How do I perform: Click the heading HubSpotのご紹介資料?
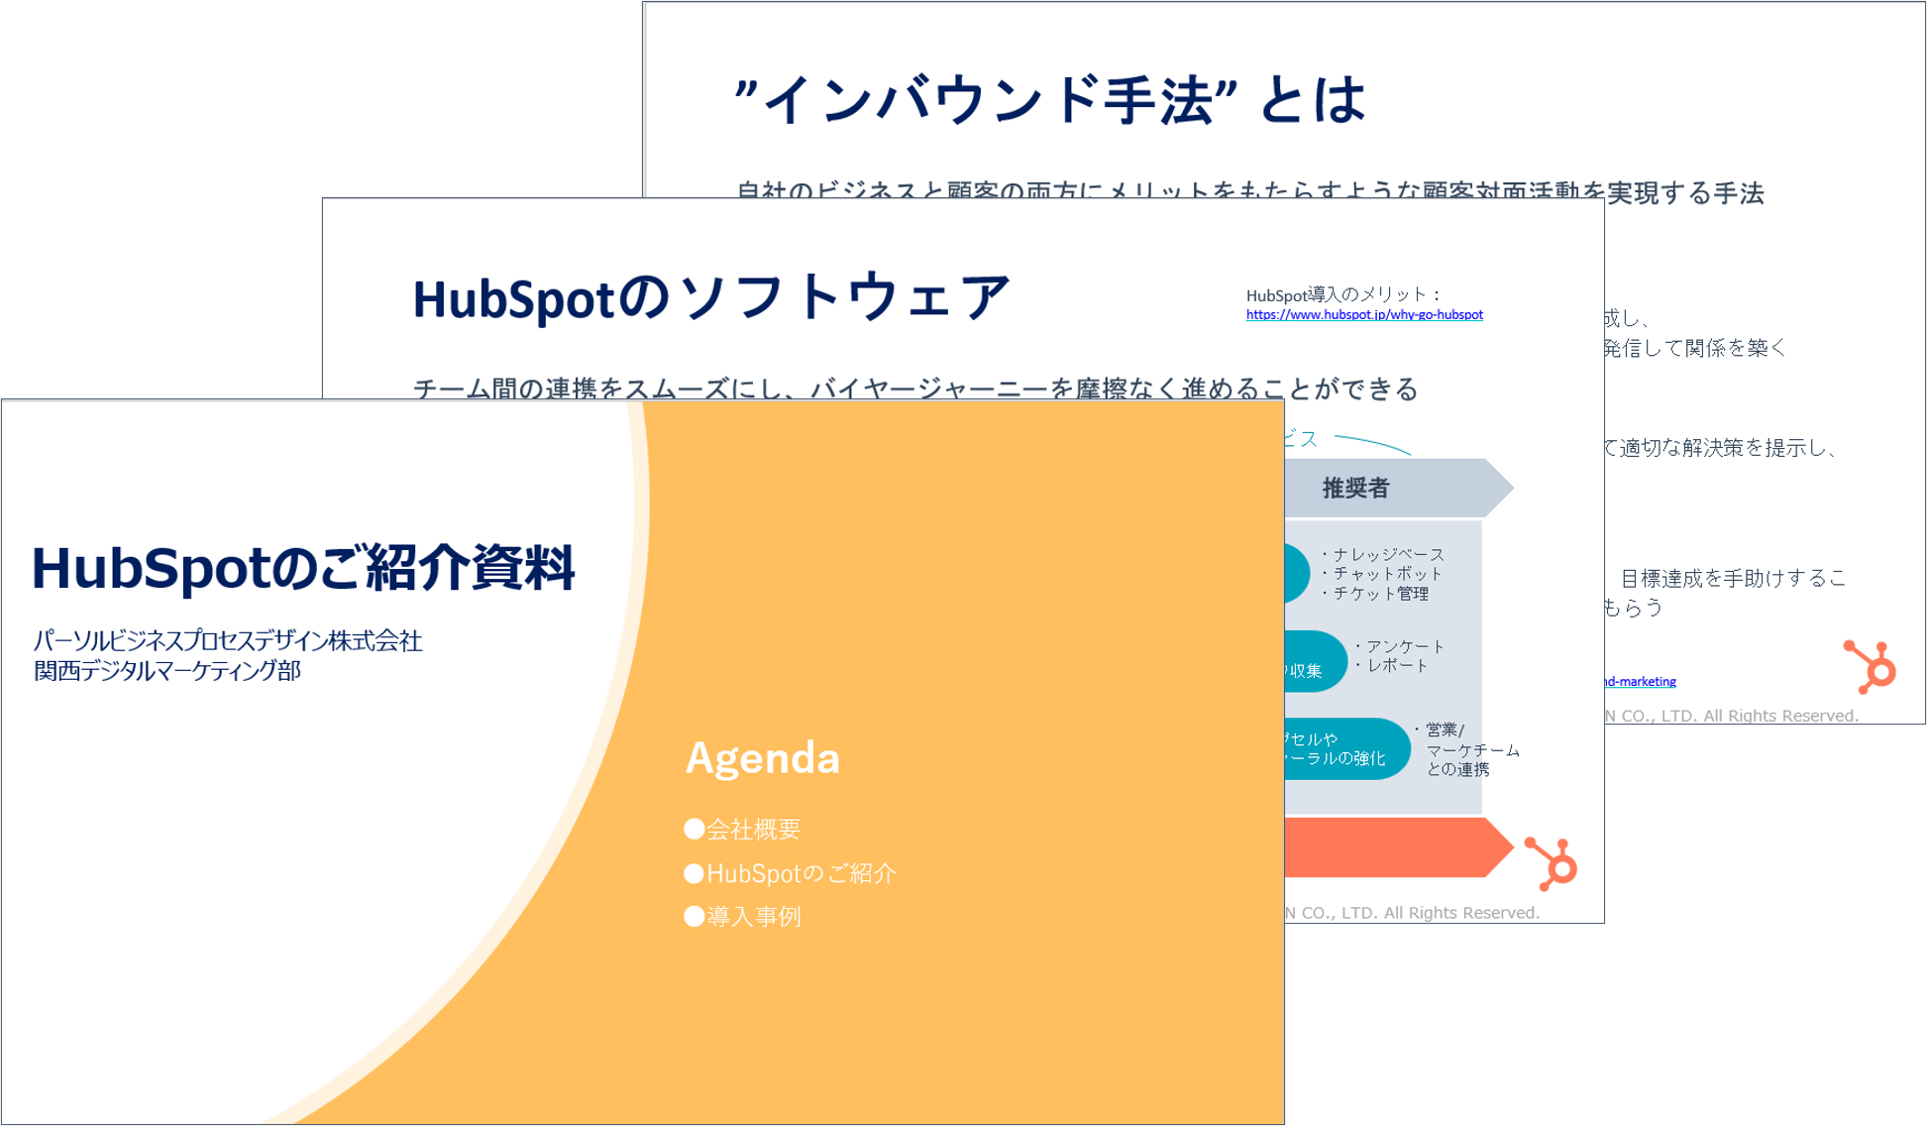302,568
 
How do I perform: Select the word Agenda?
762,758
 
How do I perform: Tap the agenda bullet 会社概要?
743,830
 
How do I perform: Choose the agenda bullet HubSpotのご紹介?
791,873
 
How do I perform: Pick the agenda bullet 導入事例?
743,917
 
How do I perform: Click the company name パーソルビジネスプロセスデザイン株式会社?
228,641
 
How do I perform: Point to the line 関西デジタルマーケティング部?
167,671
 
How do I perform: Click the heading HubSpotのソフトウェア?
710,297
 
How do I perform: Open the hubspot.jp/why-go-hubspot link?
1363,315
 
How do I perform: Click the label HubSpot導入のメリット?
1342,294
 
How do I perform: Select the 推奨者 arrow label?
1355,488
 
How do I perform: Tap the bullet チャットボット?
1387,574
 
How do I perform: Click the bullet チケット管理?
1380,594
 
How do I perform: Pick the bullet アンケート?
1404,646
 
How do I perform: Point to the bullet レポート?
1397,666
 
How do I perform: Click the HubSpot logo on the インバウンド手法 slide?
1870,666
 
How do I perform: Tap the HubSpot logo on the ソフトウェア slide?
1552,863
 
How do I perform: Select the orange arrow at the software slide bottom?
1397,847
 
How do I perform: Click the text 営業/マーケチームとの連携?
1471,749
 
